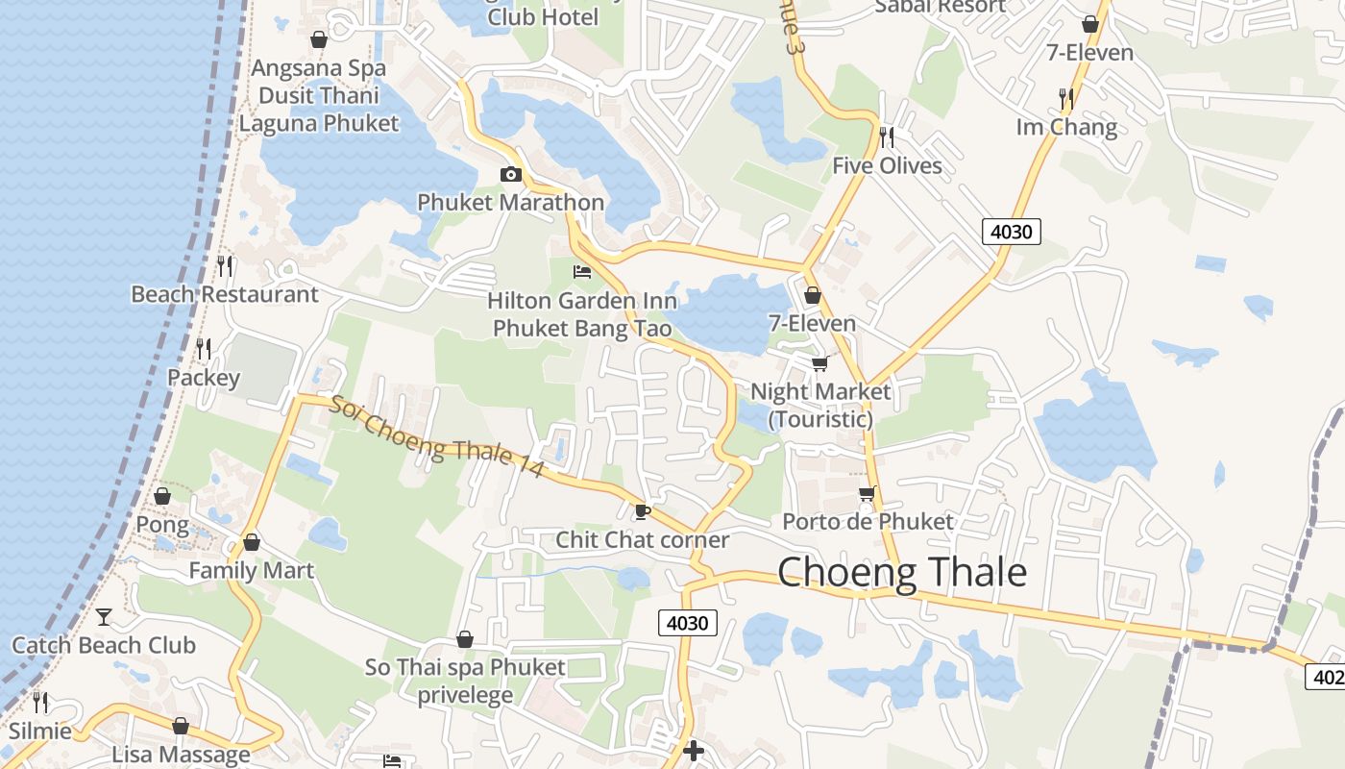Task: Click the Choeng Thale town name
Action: (901, 573)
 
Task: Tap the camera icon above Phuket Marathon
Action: (511, 174)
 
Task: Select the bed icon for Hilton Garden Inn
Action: (582, 272)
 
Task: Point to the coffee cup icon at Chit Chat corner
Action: (643, 511)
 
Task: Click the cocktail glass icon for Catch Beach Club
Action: (104, 616)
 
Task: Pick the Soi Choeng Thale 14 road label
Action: (437, 438)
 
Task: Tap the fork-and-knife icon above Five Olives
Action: (887, 136)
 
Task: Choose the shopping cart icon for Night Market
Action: (819, 363)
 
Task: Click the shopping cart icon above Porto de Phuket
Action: (867, 494)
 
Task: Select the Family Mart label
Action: (251, 571)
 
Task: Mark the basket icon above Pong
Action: (162, 496)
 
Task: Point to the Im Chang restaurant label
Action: (1066, 127)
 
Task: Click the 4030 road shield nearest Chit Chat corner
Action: (688, 623)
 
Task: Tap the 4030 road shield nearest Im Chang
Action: (1012, 231)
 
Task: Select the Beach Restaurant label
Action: (225, 294)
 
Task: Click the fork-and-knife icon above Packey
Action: (204, 348)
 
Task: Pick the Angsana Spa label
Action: (318, 68)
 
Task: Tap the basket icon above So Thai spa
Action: (465, 639)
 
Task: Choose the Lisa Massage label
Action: (181, 755)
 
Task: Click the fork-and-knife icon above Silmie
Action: (40, 702)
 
